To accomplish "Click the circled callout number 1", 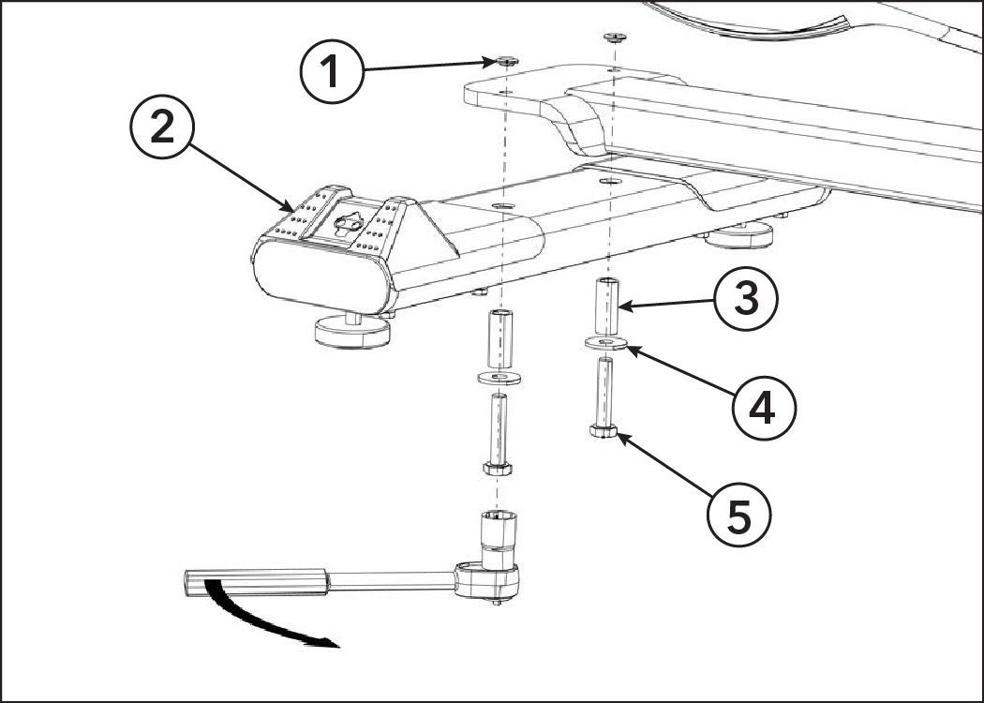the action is [x=332, y=71].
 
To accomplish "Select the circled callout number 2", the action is [x=162, y=127].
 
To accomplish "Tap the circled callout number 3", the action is [x=746, y=299].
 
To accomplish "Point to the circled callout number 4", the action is [x=764, y=408].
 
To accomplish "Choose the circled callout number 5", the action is [x=738, y=516].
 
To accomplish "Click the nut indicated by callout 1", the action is [x=506, y=62].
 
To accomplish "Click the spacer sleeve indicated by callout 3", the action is [x=606, y=307].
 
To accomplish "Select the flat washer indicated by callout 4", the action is [x=605, y=343].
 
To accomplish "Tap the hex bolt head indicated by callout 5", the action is [x=604, y=430].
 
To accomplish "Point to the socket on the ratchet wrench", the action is [x=499, y=539].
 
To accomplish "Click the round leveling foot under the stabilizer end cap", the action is [x=352, y=332].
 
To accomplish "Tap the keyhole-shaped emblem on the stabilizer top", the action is [x=349, y=223].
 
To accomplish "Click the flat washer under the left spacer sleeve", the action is [x=499, y=379].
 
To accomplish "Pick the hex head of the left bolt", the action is [x=497, y=469].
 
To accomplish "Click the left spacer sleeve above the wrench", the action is [x=499, y=339].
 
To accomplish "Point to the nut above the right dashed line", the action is [x=615, y=37].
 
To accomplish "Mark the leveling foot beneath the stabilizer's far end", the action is [x=738, y=235].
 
